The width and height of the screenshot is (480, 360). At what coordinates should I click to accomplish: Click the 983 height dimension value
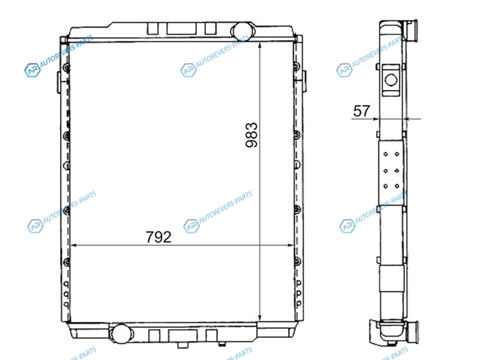tap(251, 135)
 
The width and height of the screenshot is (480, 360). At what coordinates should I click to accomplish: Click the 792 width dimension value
tap(158, 237)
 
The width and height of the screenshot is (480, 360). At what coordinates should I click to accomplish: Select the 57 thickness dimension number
tap(362, 111)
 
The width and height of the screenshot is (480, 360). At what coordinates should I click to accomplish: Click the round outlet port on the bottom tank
tap(121, 333)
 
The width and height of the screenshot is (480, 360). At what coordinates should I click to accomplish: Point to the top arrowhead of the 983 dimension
tap(260, 46)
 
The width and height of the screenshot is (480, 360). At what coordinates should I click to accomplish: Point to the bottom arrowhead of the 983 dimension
tap(260, 317)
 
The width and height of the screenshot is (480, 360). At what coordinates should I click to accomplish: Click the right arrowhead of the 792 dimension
tap(290, 245)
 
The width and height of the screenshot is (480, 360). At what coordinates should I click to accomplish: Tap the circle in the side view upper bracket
tap(391, 80)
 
